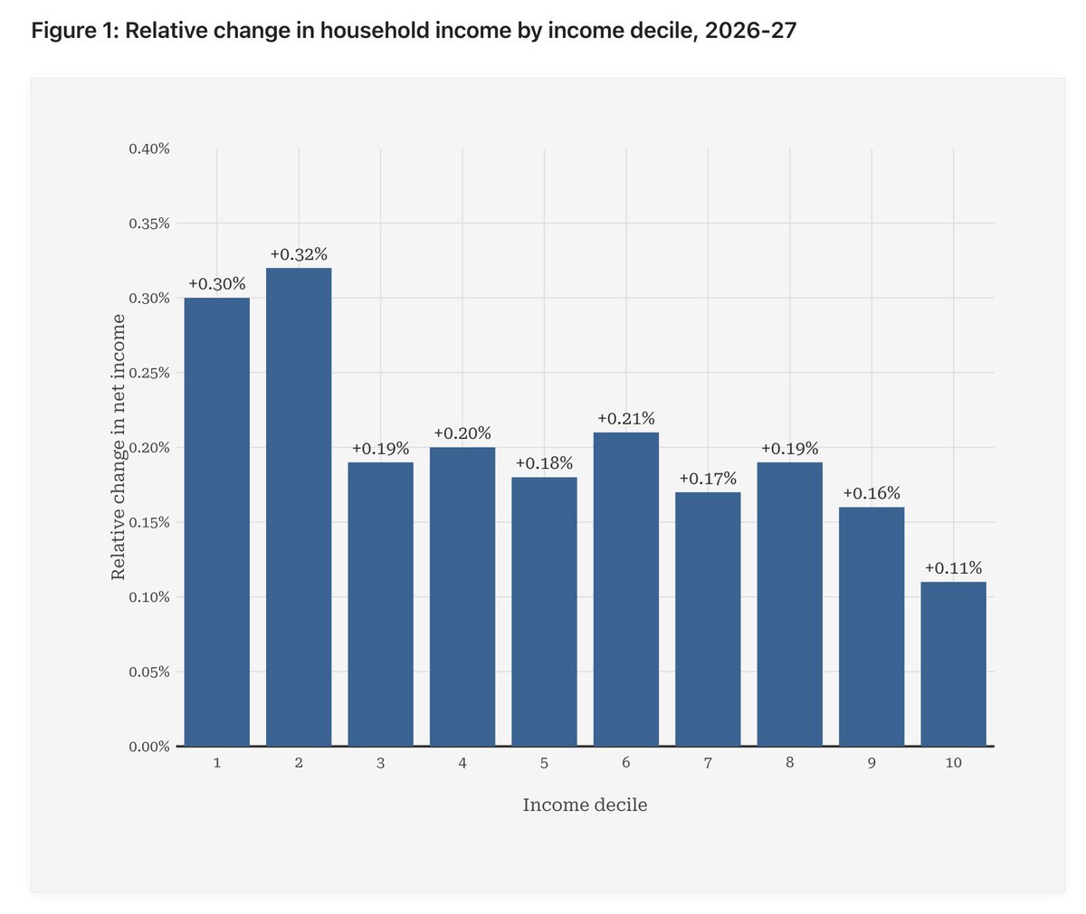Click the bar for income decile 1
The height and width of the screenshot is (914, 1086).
click(x=217, y=522)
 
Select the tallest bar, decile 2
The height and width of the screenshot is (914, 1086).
click(x=299, y=507)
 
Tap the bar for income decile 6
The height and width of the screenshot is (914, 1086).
click(x=626, y=589)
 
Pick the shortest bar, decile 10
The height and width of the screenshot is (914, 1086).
click(x=953, y=664)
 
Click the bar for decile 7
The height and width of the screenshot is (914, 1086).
click(x=708, y=619)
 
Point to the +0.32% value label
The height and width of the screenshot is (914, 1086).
click(x=299, y=255)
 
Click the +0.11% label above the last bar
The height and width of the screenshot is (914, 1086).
click(x=953, y=568)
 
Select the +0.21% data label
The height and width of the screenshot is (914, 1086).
click(x=626, y=419)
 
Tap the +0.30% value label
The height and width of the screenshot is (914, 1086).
click(x=217, y=284)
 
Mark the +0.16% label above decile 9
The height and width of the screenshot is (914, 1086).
click(x=872, y=493)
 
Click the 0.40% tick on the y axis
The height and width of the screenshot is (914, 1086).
click(x=149, y=148)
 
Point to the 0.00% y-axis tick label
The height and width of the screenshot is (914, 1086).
click(x=149, y=747)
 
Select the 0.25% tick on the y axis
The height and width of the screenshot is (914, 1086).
click(x=149, y=373)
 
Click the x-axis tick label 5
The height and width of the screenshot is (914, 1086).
click(x=544, y=763)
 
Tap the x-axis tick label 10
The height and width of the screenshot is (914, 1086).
click(x=953, y=763)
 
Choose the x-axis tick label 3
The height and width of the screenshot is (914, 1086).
click(x=380, y=763)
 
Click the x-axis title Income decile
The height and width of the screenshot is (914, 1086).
click(x=585, y=805)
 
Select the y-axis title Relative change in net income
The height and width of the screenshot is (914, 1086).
click(x=118, y=447)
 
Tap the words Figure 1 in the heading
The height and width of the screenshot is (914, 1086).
click(x=73, y=31)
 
